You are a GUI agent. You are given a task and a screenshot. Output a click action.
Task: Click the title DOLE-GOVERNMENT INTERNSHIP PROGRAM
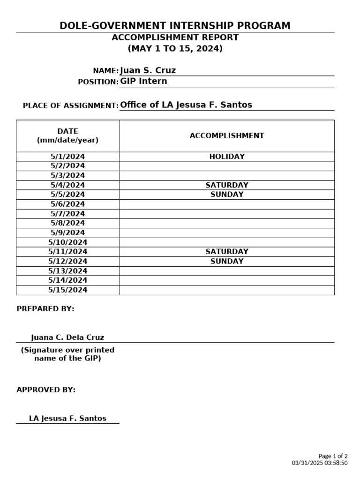[175, 26]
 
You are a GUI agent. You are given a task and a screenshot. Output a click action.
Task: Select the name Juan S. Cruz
[148, 71]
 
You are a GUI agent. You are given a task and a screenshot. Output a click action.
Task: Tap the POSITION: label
[98, 82]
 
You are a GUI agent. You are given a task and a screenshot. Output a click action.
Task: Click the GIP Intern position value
[143, 81]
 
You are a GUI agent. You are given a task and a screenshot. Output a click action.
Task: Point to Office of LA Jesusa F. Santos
[186, 105]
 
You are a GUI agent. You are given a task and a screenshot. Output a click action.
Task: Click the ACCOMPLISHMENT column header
[227, 136]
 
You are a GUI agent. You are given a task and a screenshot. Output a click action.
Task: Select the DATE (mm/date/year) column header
[68, 136]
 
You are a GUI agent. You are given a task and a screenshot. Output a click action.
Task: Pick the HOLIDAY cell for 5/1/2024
[227, 157]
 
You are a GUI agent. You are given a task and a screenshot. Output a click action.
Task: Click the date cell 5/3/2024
[68, 176]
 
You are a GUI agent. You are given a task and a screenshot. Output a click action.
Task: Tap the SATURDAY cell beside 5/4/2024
[227, 185]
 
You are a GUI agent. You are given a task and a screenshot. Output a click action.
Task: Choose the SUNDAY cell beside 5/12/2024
[227, 262]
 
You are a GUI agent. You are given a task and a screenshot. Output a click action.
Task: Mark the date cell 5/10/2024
[68, 242]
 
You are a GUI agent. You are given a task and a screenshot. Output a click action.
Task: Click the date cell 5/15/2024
[68, 290]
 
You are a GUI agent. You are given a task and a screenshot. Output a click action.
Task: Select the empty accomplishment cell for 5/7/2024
[227, 214]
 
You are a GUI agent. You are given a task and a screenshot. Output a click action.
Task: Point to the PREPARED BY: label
[45, 309]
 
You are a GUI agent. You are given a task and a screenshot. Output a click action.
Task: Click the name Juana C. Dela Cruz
[67, 337]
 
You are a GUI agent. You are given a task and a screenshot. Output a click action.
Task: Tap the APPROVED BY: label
[46, 390]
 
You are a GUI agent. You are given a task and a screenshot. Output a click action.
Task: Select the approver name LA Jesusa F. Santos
[67, 419]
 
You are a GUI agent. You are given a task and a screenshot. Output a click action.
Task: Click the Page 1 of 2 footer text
[333, 456]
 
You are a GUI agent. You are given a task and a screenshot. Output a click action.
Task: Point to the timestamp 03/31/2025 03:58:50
[320, 463]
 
